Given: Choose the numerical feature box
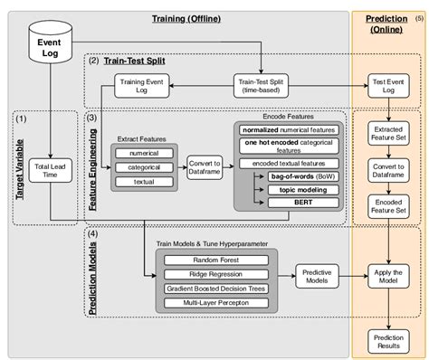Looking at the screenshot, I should click(143, 153).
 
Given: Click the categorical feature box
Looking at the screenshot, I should click(143, 167).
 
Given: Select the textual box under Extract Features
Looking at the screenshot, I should click(143, 182).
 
